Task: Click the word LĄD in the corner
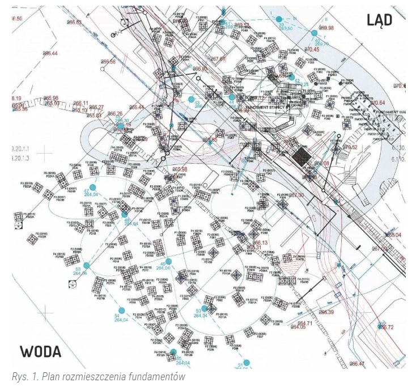379,20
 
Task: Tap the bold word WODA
41,351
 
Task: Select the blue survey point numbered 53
87,265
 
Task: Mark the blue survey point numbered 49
168,261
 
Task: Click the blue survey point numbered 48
125,214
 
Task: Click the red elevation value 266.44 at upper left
49,53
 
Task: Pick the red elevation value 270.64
378,103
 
